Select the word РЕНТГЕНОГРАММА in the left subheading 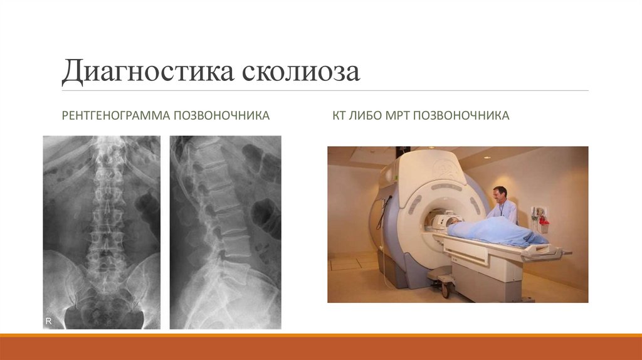coord(115,115)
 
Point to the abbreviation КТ coord(340,115)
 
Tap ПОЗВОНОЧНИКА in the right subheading coord(465,115)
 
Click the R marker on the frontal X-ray coord(48,320)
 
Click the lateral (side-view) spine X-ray coord(225,232)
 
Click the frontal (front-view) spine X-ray coord(102,232)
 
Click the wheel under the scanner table coord(446,289)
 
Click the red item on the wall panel coord(543,221)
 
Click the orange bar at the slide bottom coord(321,347)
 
